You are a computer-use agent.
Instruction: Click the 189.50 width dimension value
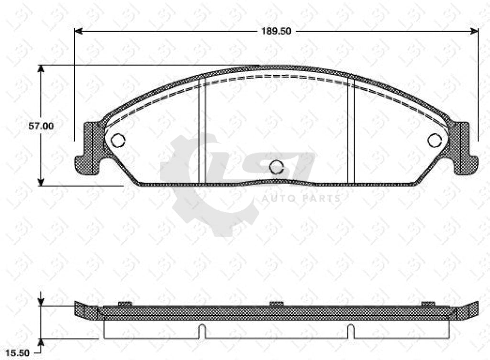coord(276,32)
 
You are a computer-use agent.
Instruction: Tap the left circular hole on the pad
coord(118,140)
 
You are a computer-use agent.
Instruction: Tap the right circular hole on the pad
coord(434,140)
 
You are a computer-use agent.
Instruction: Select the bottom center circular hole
coord(277,167)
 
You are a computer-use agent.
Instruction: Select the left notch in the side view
coord(202,330)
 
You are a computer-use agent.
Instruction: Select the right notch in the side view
coord(351,330)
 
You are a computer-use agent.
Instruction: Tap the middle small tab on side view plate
coord(277,304)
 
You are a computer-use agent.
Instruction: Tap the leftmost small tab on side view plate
coord(124,304)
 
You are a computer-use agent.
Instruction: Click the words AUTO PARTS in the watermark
coord(301,198)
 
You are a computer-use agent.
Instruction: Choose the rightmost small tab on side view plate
coord(428,304)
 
